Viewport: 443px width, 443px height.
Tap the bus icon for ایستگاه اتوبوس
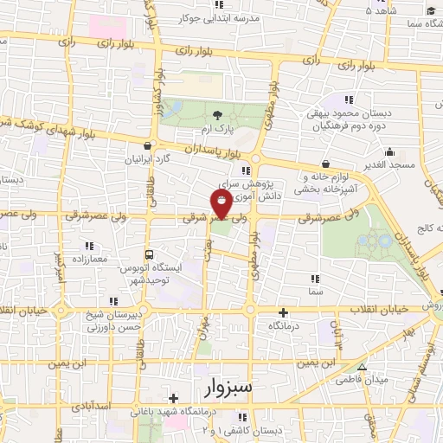150,255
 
